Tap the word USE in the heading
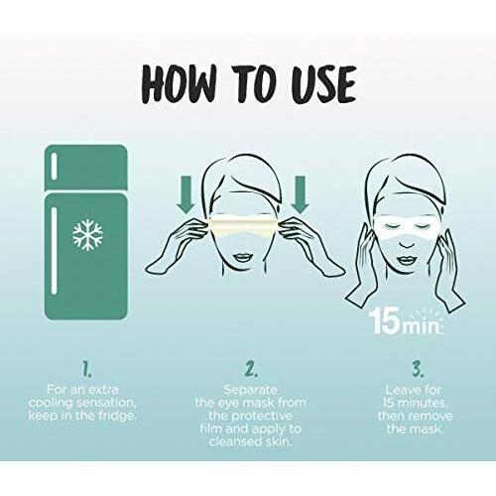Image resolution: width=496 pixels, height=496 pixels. [323, 84]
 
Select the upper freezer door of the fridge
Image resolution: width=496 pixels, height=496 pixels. [86, 168]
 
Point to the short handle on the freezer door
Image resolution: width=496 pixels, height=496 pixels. [54, 167]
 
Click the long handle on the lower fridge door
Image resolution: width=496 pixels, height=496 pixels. [54, 250]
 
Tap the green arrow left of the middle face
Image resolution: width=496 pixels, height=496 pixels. [186, 194]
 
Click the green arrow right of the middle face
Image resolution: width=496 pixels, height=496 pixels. [301, 194]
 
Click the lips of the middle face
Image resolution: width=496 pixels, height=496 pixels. [244, 257]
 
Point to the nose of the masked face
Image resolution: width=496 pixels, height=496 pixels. [407, 244]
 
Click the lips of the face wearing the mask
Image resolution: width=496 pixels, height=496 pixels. [407, 260]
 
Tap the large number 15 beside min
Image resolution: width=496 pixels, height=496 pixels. [385, 320]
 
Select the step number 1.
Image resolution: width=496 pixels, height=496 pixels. [86, 369]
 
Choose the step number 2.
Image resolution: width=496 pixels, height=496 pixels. [251, 369]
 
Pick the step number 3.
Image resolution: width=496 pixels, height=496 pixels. [418, 369]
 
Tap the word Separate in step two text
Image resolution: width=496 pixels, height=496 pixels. [251, 391]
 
